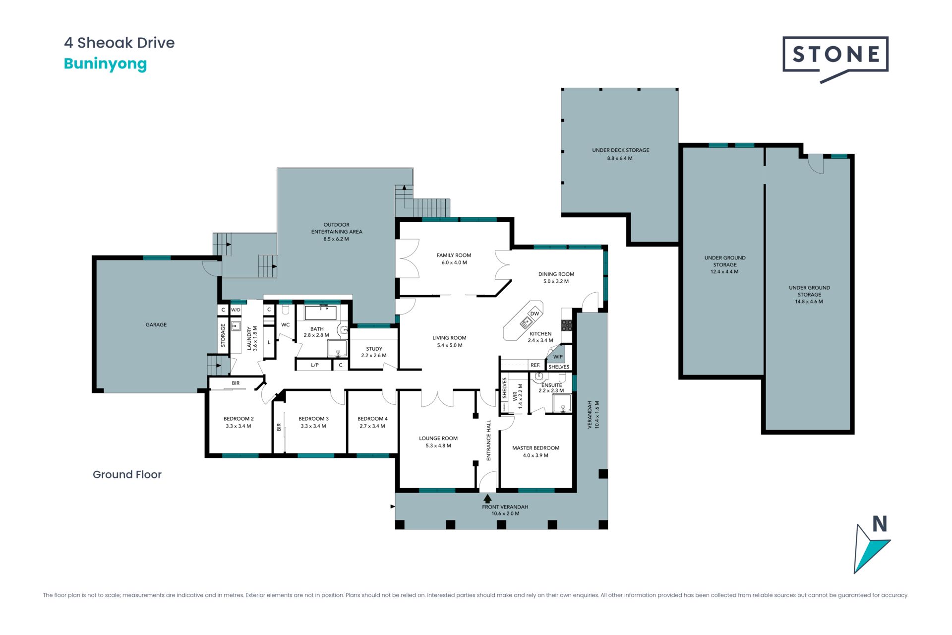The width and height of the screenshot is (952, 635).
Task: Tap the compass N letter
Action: (x=880, y=524)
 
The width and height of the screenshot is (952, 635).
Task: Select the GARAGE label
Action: (x=156, y=325)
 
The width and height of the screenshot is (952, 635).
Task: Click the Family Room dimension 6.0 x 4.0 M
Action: (x=454, y=263)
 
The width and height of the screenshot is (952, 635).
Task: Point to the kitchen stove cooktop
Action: (x=567, y=325)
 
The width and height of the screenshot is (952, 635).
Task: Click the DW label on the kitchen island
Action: (x=535, y=314)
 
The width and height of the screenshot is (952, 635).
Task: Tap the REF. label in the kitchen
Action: (x=535, y=365)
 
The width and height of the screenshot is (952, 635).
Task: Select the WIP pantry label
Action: (x=558, y=357)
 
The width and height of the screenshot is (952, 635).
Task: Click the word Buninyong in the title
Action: (x=106, y=64)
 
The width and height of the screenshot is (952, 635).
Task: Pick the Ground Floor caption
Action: (x=127, y=475)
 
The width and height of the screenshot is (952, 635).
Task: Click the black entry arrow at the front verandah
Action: (x=487, y=499)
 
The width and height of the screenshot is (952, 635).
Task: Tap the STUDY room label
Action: (x=374, y=349)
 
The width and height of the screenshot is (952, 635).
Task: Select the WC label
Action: (x=286, y=325)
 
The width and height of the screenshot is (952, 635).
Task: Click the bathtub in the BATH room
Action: (x=321, y=313)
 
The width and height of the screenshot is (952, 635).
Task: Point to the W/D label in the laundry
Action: (x=236, y=310)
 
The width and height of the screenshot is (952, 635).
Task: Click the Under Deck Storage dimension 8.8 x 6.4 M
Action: (x=620, y=159)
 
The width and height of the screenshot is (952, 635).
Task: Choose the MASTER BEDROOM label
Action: (x=536, y=448)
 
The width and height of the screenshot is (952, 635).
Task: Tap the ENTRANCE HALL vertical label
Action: (x=489, y=441)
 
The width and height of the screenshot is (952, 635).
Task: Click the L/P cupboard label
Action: (x=315, y=365)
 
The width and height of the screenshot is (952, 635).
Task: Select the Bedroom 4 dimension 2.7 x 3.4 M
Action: (x=372, y=426)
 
